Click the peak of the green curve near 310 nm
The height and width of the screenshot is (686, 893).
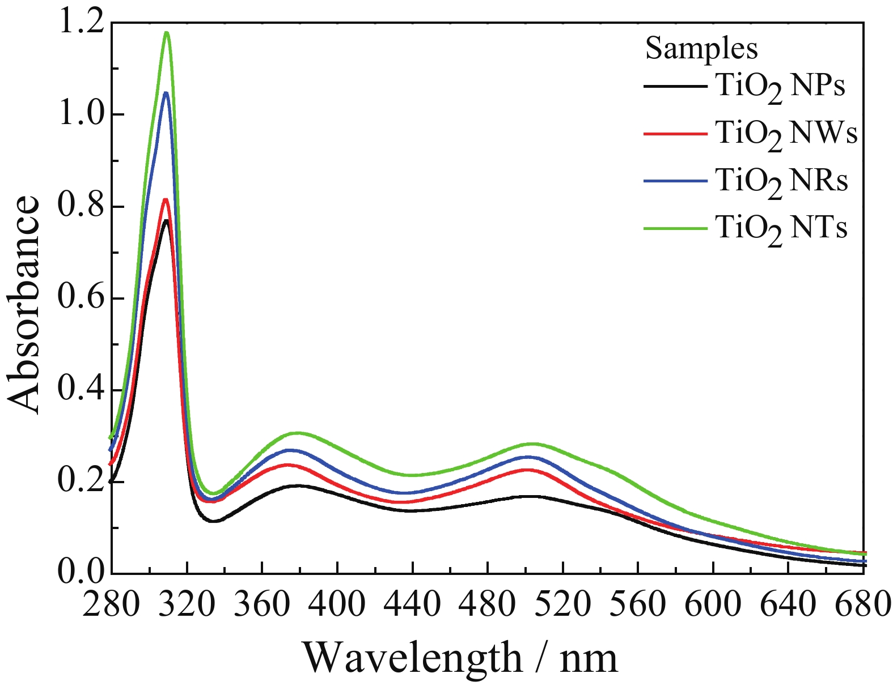tap(167, 33)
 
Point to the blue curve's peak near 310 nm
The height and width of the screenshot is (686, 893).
tap(166, 93)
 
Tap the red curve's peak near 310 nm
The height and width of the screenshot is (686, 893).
tap(166, 199)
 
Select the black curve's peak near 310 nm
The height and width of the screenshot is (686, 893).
tap(166, 220)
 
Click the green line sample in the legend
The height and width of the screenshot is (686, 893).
tap(675, 228)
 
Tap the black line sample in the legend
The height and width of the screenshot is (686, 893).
tap(675, 87)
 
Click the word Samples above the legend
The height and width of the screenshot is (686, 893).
tap(701, 49)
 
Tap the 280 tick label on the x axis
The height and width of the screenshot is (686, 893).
tap(111, 605)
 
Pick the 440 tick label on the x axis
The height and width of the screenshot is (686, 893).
tap(412, 605)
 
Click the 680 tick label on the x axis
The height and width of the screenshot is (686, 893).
tap(861, 605)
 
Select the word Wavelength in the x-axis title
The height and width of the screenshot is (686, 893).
tap(413, 658)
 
